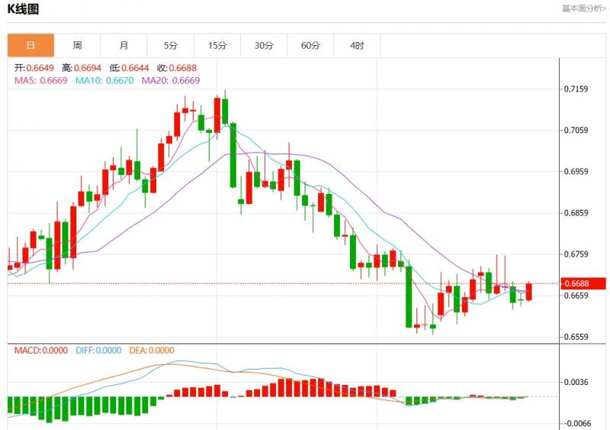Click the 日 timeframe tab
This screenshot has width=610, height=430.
coord(30,46)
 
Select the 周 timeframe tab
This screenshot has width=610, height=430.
coord(77,46)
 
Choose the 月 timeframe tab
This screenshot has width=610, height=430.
coord(124,46)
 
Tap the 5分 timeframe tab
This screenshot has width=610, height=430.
coord(170,46)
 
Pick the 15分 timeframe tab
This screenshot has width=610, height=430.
coord(217,46)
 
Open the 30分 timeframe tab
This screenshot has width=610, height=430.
coord(264,46)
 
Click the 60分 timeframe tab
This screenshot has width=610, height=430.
coord(310,46)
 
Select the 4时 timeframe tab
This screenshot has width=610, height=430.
coord(357,46)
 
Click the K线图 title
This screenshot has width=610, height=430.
coord(24,9)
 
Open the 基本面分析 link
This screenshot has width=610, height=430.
coord(583,8)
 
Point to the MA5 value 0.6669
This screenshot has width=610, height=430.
coord(53,80)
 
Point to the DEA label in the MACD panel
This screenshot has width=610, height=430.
coord(136,351)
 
